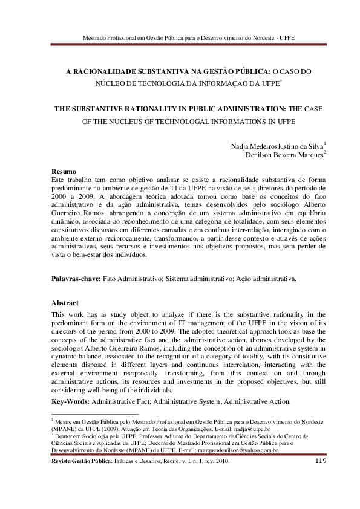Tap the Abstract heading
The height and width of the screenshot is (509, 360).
[65, 303]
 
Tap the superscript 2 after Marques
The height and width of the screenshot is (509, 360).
[325, 152]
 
